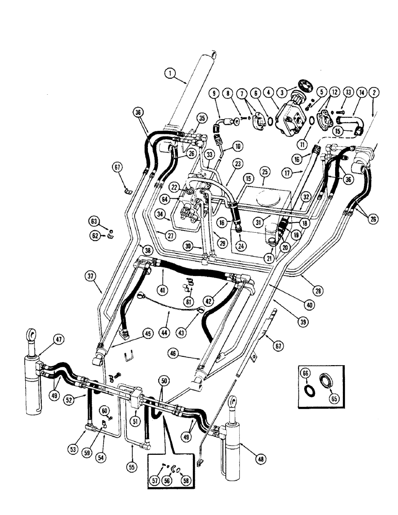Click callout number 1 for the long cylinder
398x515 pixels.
coord(169,74)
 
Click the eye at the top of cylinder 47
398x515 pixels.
coord(31,336)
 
